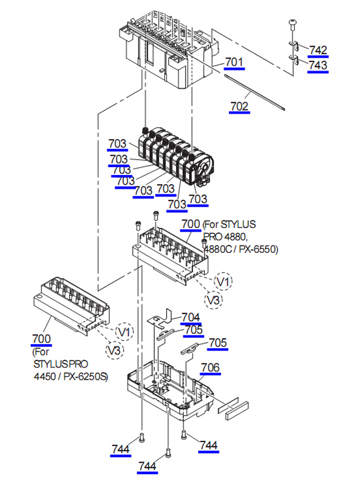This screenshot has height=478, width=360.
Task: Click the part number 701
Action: [235, 61]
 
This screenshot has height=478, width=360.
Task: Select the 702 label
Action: [239, 105]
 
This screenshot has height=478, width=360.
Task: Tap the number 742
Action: [318, 50]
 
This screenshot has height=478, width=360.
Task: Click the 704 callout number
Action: [191, 318]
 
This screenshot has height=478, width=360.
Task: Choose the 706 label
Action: [210, 368]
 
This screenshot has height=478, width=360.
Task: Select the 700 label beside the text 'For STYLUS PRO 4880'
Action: [191, 224]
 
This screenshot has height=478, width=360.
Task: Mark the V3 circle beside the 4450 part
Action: [115, 350]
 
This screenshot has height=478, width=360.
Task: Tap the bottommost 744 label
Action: [148, 466]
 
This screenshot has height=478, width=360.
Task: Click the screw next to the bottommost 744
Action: [168, 453]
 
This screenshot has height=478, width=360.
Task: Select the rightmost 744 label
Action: [208, 445]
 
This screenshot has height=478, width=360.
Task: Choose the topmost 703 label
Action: [118, 145]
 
